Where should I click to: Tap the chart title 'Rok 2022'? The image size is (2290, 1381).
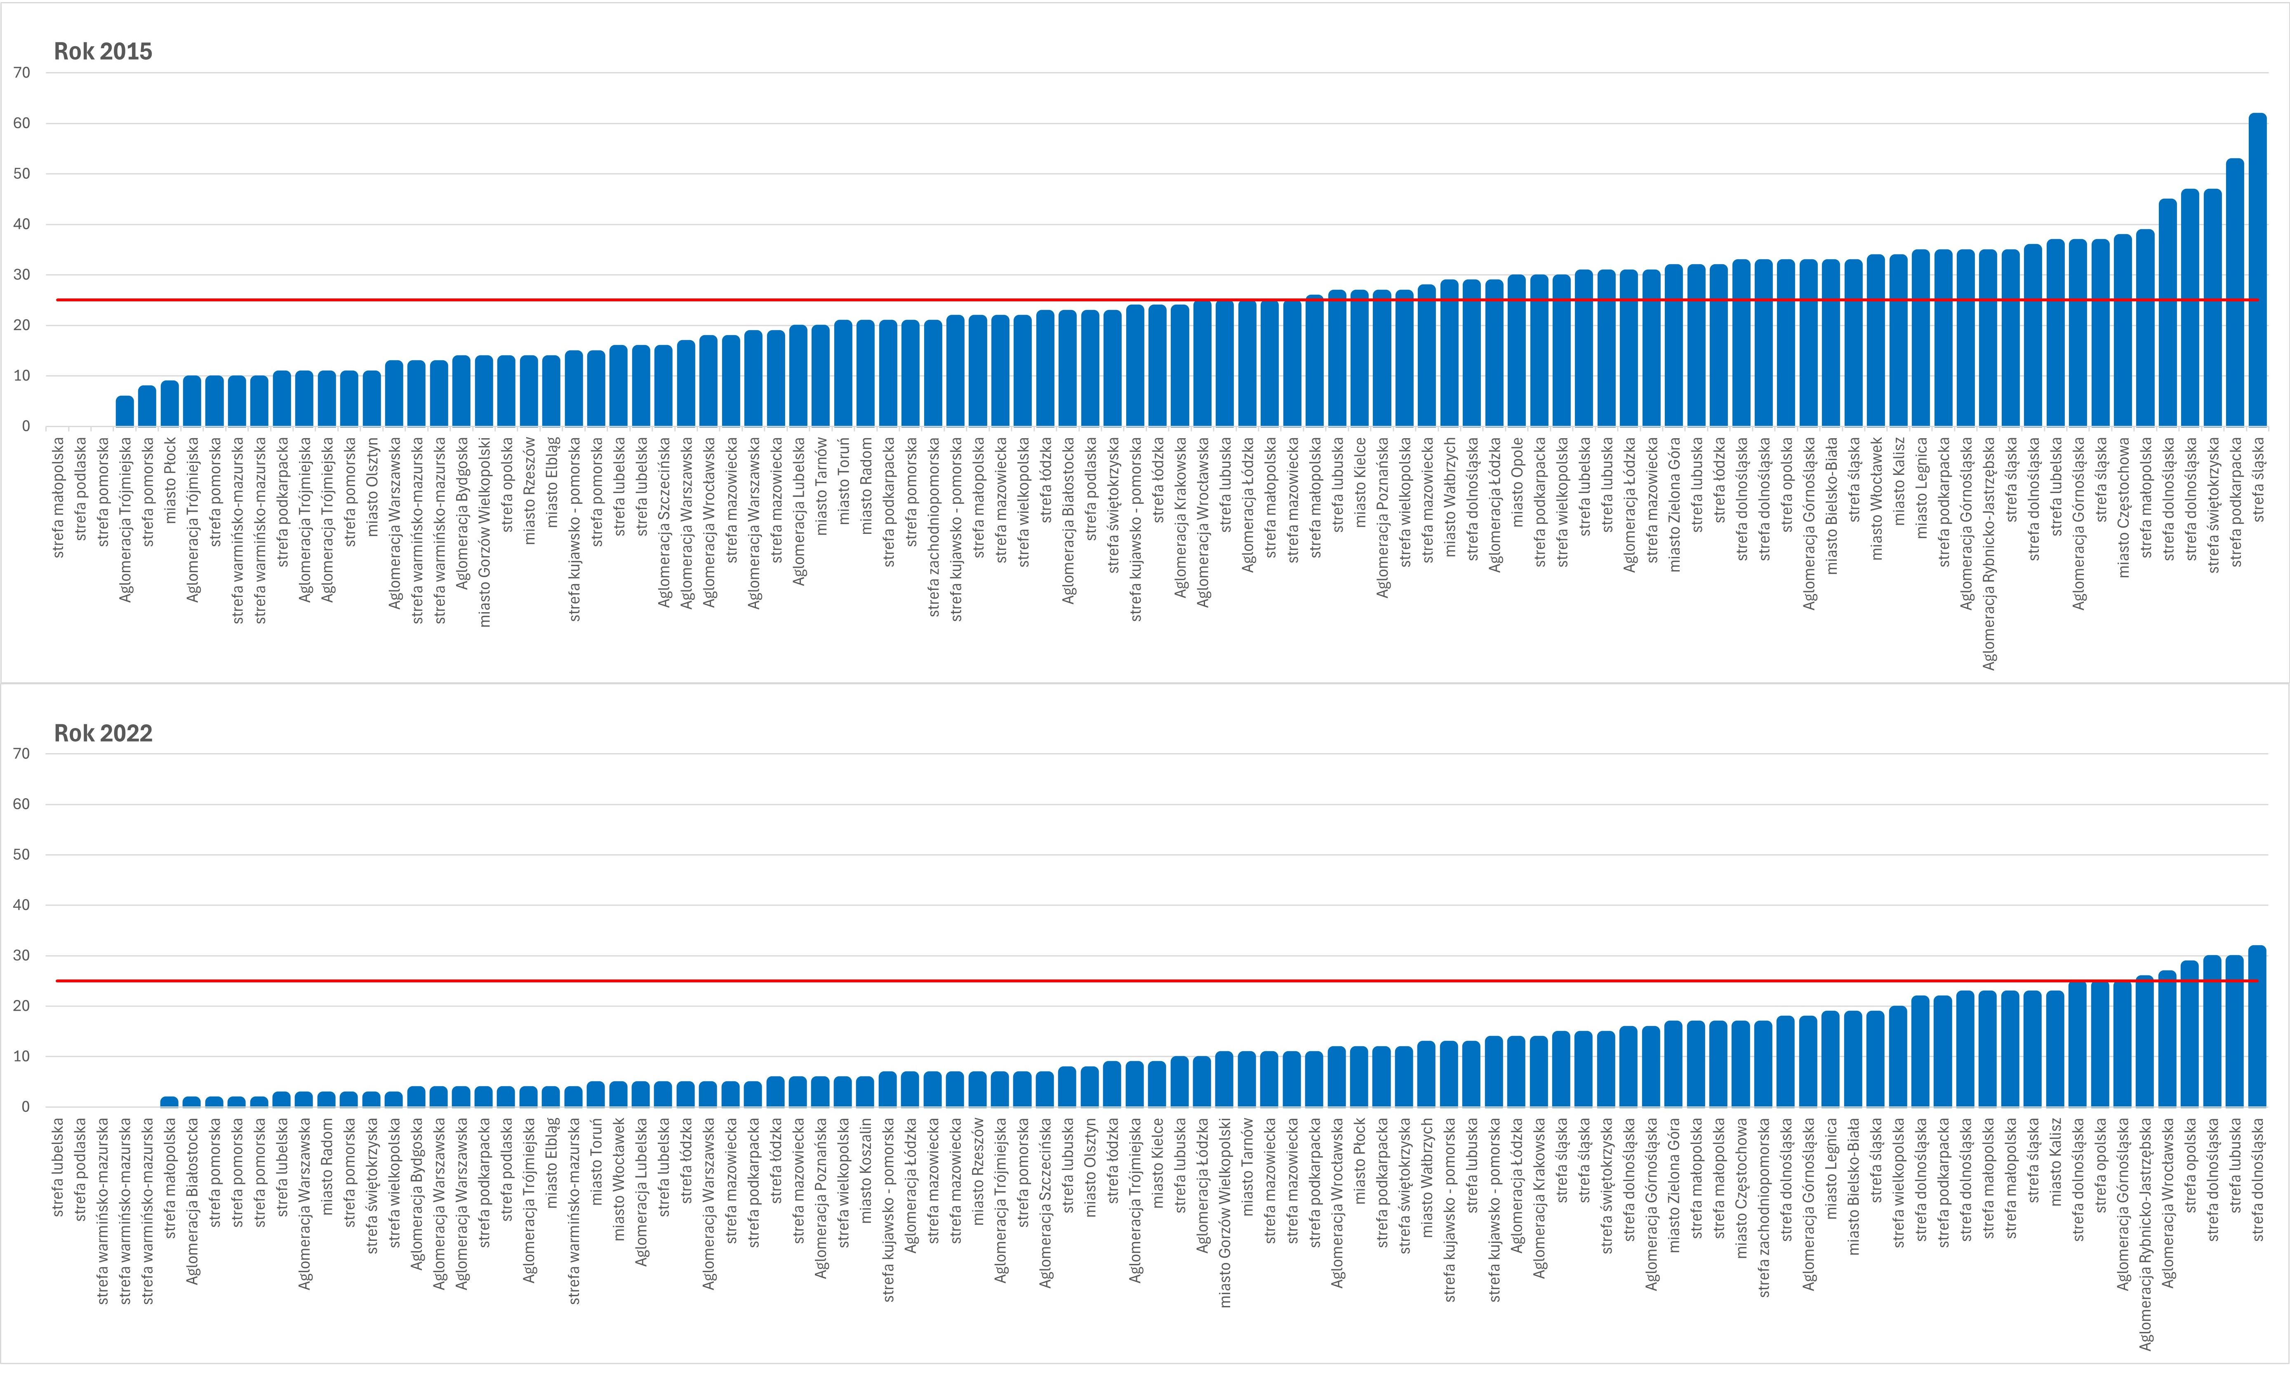[103, 733]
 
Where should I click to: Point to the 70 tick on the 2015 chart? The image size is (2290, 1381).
[21, 73]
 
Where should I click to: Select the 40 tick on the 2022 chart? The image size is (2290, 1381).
[21, 905]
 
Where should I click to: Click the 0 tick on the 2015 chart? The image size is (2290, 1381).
[26, 427]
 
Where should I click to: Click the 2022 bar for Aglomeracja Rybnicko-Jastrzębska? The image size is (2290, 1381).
[2145, 1042]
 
